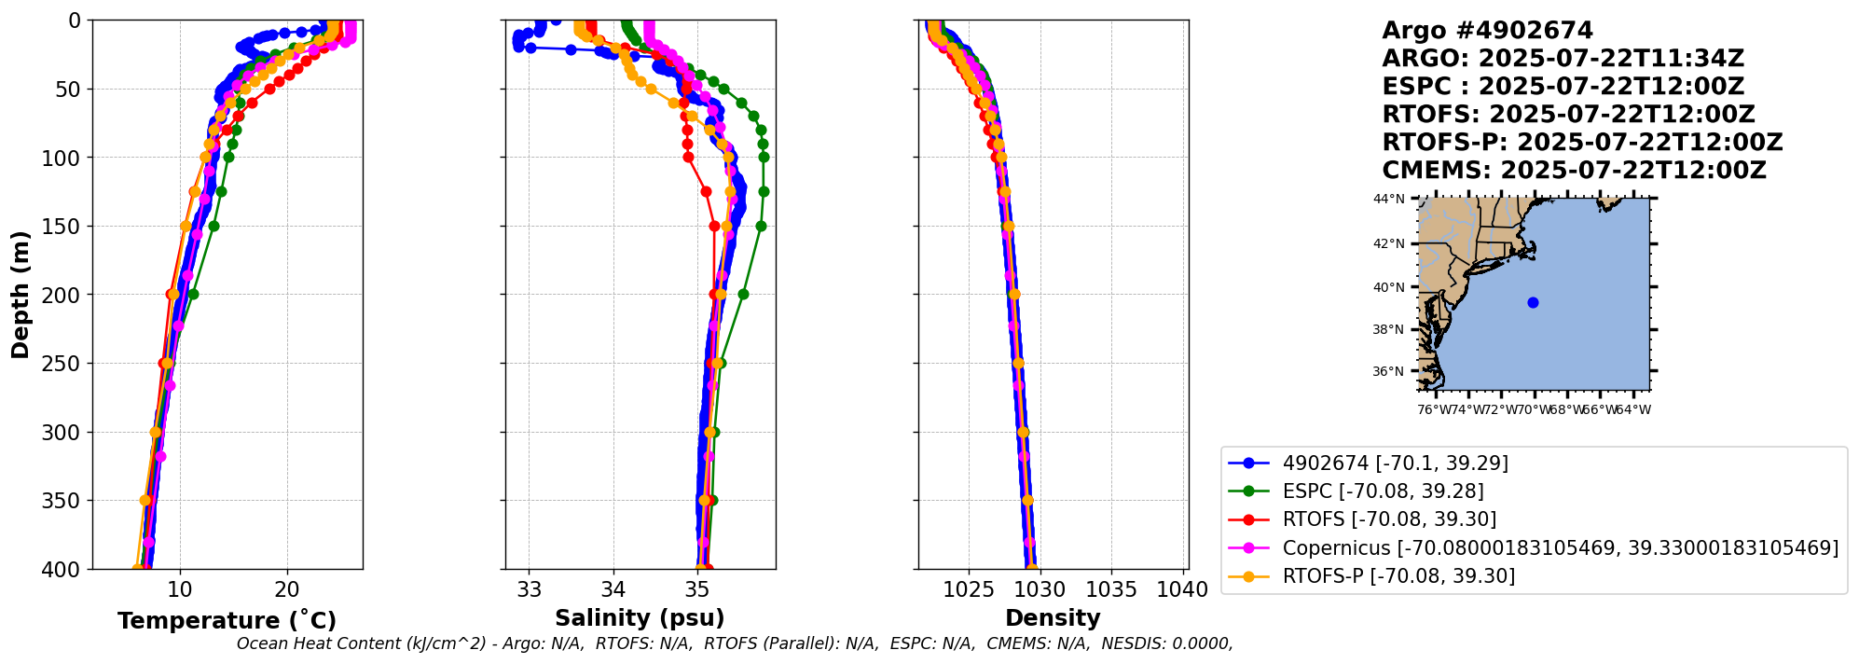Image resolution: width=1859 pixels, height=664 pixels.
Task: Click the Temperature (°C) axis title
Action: (227, 621)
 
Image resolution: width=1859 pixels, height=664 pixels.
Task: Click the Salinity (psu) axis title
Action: (640, 618)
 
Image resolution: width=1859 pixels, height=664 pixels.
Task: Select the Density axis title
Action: (1053, 618)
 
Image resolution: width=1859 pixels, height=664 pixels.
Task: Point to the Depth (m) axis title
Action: (20, 295)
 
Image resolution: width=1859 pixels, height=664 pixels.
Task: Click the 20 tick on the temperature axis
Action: (287, 589)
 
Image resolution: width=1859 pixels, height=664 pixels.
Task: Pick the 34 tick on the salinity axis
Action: (613, 589)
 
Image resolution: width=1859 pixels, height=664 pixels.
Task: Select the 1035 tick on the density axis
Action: (1111, 589)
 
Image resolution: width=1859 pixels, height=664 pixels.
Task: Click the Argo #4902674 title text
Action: (1487, 31)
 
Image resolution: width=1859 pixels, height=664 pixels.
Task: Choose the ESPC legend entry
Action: (1383, 491)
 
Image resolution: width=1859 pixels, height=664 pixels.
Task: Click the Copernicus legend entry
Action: (1560, 547)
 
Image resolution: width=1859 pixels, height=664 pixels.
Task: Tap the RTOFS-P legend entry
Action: (1398, 576)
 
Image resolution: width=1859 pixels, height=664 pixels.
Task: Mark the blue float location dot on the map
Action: (1533, 302)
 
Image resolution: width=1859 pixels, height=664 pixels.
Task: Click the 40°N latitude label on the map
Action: (1387, 287)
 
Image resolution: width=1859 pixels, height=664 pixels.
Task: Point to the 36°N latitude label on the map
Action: (1387, 371)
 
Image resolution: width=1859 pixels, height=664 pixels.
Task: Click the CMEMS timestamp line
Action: (1574, 171)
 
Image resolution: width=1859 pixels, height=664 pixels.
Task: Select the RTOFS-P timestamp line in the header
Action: (1582, 143)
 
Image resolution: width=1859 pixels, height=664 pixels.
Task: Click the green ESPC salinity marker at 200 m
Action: (743, 295)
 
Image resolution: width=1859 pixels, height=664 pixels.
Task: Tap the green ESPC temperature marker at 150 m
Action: (213, 226)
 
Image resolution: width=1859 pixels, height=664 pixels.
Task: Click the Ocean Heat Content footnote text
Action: (735, 643)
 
